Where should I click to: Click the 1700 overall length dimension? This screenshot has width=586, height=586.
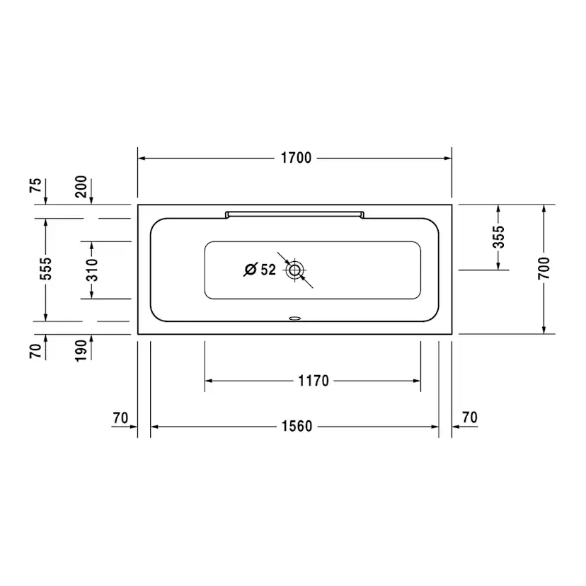[x=296, y=158]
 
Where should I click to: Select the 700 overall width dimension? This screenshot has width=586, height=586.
[x=544, y=268]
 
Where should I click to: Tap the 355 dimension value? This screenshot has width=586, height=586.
[x=498, y=237]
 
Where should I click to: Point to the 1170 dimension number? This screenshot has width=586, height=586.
[x=314, y=381]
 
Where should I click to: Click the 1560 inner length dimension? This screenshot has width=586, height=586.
[x=297, y=427]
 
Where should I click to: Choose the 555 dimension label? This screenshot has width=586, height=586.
[x=46, y=269]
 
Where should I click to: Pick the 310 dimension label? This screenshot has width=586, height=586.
[x=91, y=270]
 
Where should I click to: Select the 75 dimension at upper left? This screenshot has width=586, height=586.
[x=35, y=185]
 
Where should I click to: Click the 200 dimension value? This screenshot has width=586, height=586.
[x=81, y=187]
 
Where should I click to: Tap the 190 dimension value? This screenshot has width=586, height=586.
[x=81, y=350]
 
